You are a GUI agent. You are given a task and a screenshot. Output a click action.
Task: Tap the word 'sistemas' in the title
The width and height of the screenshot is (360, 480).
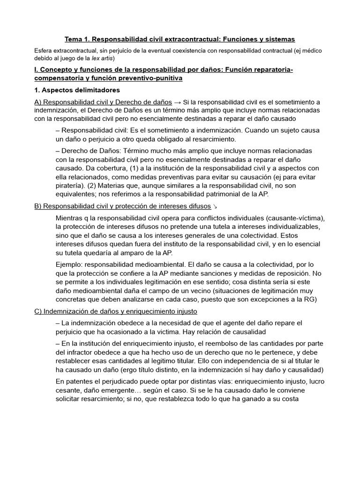pyautogui.click(x=280, y=39)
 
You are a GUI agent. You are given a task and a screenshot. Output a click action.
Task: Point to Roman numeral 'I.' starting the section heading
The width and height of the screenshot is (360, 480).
pyautogui.click(x=37, y=70)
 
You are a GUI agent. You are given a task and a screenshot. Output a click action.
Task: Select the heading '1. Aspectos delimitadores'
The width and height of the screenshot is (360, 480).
pyautogui.click(x=77, y=90)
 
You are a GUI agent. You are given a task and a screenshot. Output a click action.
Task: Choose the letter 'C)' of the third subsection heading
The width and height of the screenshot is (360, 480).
pyautogui.click(x=39, y=311)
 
